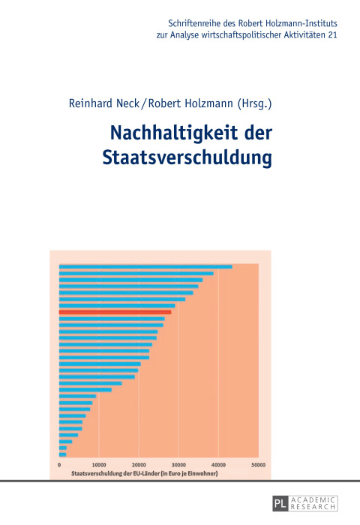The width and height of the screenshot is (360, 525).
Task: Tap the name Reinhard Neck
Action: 96,105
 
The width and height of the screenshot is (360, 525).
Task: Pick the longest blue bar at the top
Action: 145,266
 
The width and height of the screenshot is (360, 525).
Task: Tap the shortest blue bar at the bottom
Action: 62,454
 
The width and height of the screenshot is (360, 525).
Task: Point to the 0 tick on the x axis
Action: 59,466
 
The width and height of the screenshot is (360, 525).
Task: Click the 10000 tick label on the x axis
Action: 99,466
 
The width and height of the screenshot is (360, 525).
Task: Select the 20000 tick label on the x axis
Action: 139,466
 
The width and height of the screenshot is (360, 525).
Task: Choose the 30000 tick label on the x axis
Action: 178,466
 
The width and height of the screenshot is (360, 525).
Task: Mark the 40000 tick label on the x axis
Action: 218,466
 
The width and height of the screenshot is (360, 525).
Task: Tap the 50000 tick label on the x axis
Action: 258,466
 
